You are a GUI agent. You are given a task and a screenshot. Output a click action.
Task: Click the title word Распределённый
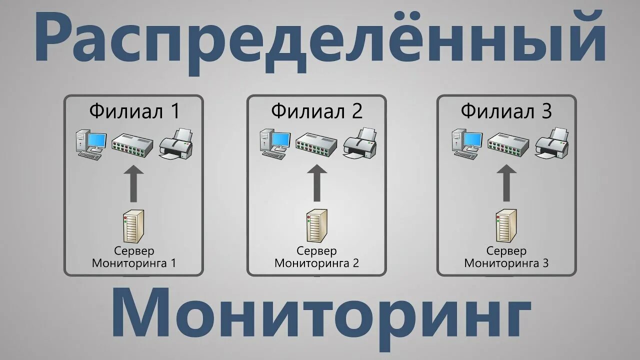[x=320, y=40]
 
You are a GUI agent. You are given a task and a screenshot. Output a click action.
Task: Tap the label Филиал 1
[x=134, y=111]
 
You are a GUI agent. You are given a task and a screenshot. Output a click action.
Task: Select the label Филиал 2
[x=317, y=111]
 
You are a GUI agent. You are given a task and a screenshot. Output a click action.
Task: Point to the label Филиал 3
[x=506, y=111]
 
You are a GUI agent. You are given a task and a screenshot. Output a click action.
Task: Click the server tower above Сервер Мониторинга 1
[x=133, y=226]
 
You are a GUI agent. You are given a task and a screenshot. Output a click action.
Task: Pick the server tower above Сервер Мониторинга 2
[x=317, y=226]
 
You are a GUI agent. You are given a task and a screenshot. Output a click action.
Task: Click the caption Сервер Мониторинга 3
[x=506, y=256]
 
